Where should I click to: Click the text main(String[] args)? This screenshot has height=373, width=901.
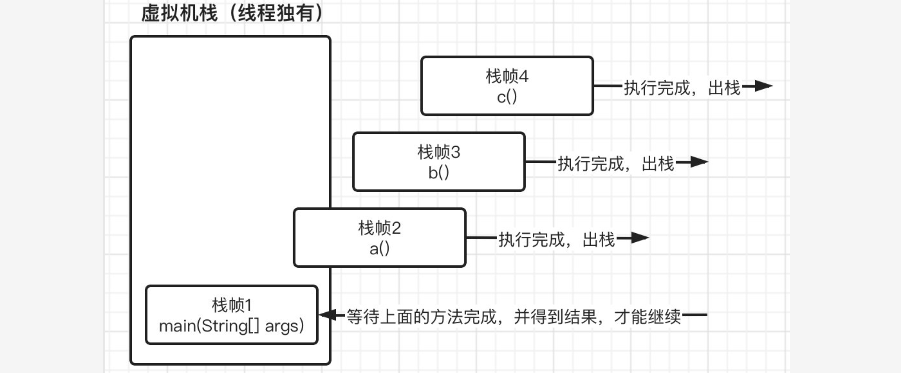[x=232, y=326]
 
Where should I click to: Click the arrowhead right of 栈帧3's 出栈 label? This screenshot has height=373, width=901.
[x=699, y=162]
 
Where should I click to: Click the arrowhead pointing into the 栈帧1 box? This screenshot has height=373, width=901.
[x=327, y=315]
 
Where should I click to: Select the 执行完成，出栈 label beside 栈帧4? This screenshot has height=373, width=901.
[x=682, y=87]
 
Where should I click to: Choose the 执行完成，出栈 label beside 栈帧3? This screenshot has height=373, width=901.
[x=615, y=163]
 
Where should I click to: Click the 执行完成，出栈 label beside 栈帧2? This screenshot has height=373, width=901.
[x=556, y=240]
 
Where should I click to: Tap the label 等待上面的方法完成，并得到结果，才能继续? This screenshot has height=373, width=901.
[x=514, y=317]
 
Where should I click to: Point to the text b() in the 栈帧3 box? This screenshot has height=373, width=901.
[x=439, y=173]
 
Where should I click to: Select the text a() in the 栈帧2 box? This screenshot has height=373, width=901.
[x=379, y=249]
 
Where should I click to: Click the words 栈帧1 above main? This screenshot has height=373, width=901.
[x=232, y=305]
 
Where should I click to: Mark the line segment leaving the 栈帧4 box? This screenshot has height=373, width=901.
[x=608, y=86]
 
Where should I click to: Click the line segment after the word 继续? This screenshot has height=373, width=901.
[x=695, y=315]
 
